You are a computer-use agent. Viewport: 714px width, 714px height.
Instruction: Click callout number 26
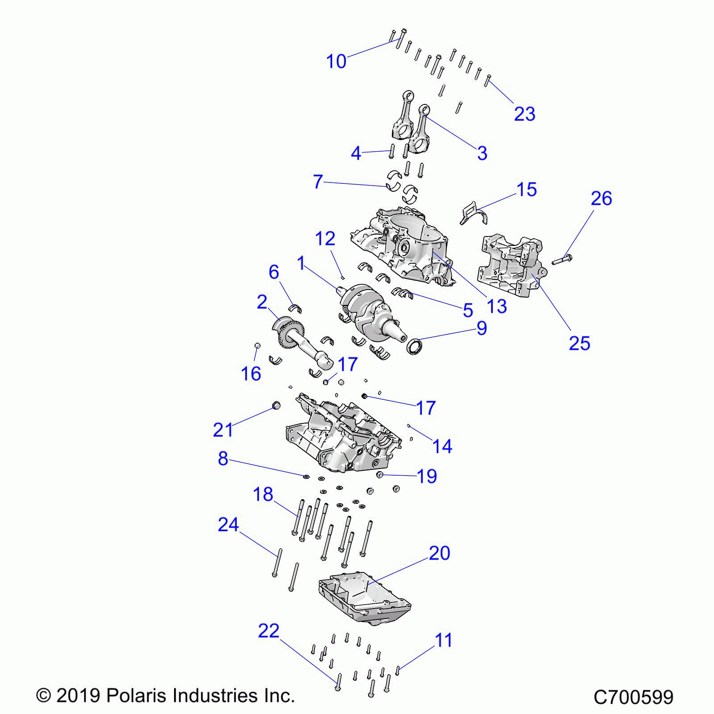[601, 199]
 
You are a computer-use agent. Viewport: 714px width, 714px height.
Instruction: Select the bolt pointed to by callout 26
[562, 259]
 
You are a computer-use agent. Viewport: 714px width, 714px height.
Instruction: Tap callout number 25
[579, 343]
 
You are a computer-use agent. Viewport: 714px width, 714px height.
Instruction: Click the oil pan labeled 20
[364, 600]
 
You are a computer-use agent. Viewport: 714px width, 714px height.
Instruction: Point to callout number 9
[482, 328]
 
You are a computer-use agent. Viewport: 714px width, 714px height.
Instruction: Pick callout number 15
[527, 190]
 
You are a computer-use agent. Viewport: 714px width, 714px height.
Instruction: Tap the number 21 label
[223, 430]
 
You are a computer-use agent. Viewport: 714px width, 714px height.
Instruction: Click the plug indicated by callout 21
[277, 405]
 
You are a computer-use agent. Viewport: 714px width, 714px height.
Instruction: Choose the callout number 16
[251, 374]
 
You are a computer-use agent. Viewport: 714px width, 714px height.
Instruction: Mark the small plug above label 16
[257, 345]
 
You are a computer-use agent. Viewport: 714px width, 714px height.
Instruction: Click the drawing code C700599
[633, 697]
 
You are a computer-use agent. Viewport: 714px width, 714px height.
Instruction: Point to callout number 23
[524, 114]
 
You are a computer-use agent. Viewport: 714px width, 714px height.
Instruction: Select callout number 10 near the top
[336, 61]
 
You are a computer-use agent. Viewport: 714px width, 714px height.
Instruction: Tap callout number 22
[269, 631]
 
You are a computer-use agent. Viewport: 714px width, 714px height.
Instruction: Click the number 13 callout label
[497, 306]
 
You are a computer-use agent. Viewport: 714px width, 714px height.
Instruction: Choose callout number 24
[228, 525]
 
